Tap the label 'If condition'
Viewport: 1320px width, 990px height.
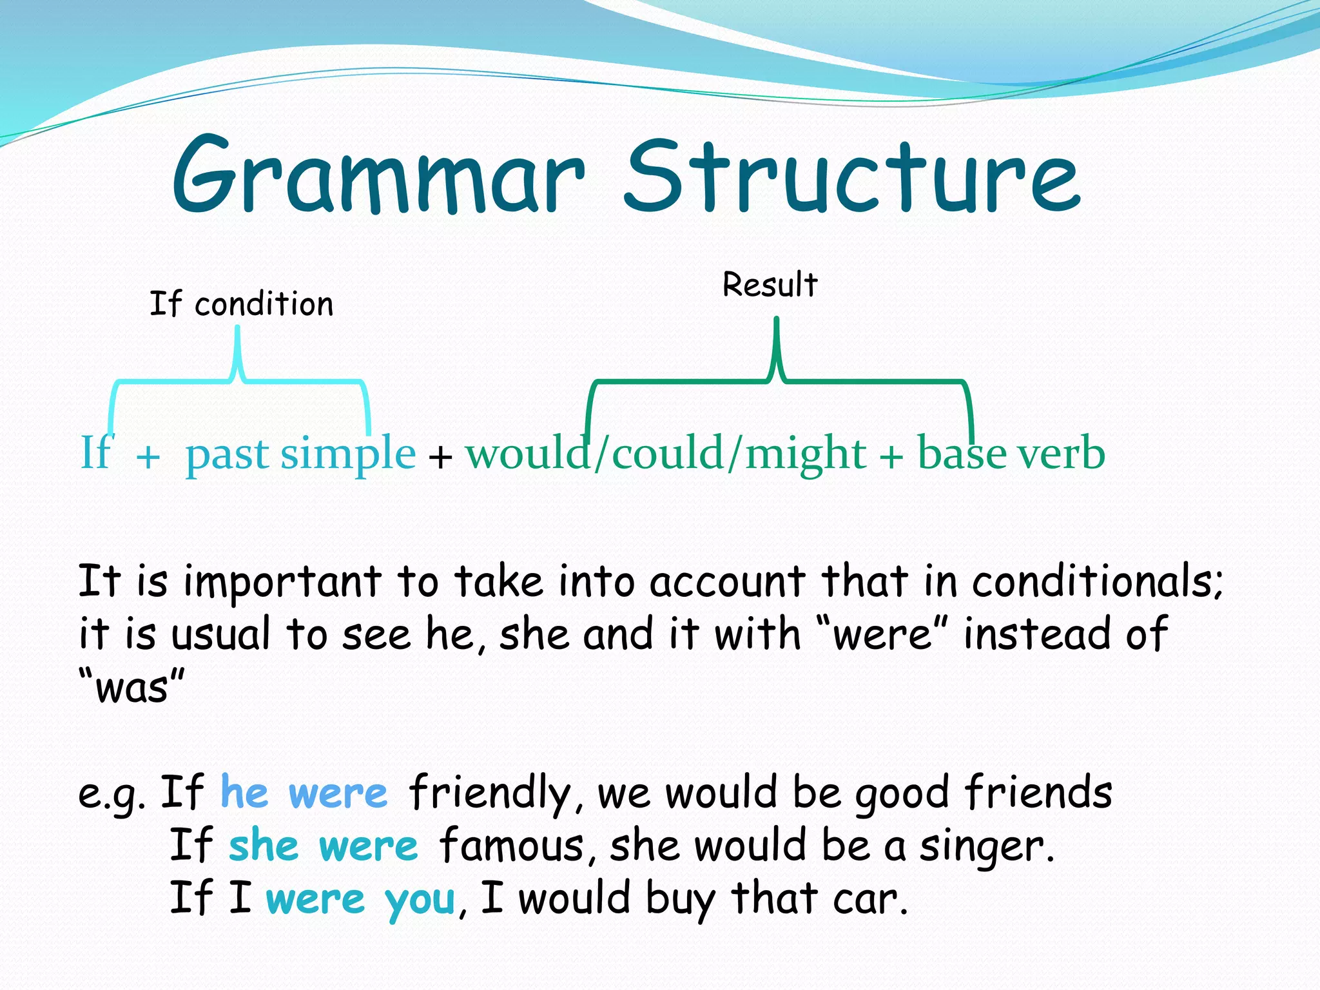point(242,304)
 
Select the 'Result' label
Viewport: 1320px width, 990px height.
point(770,285)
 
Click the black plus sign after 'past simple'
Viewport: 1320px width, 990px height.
point(440,457)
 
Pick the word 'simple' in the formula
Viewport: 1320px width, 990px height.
point(348,453)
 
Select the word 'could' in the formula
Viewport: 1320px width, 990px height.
point(667,453)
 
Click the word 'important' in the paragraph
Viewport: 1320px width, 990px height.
point(282,582)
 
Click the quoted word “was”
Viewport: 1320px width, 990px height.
point(131,687)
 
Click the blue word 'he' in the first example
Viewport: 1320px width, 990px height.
point(244,792)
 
